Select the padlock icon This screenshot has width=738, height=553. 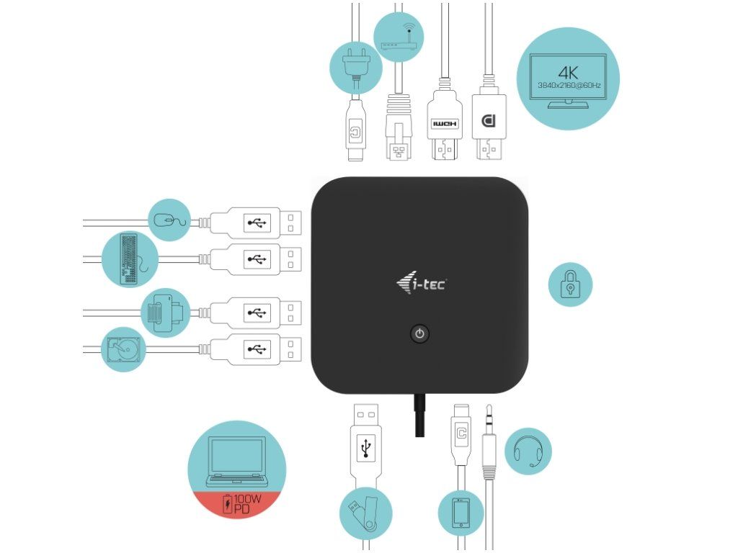click(x=570, y=284)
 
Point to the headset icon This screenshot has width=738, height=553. click(x=528, y=451)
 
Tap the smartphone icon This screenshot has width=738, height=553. click(x=461, y=513)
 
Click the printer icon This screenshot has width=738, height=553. click(x=165, y=313)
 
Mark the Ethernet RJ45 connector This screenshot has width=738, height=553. click(x=398, y=130)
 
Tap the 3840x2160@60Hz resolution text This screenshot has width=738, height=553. click(x=569, y=85)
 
